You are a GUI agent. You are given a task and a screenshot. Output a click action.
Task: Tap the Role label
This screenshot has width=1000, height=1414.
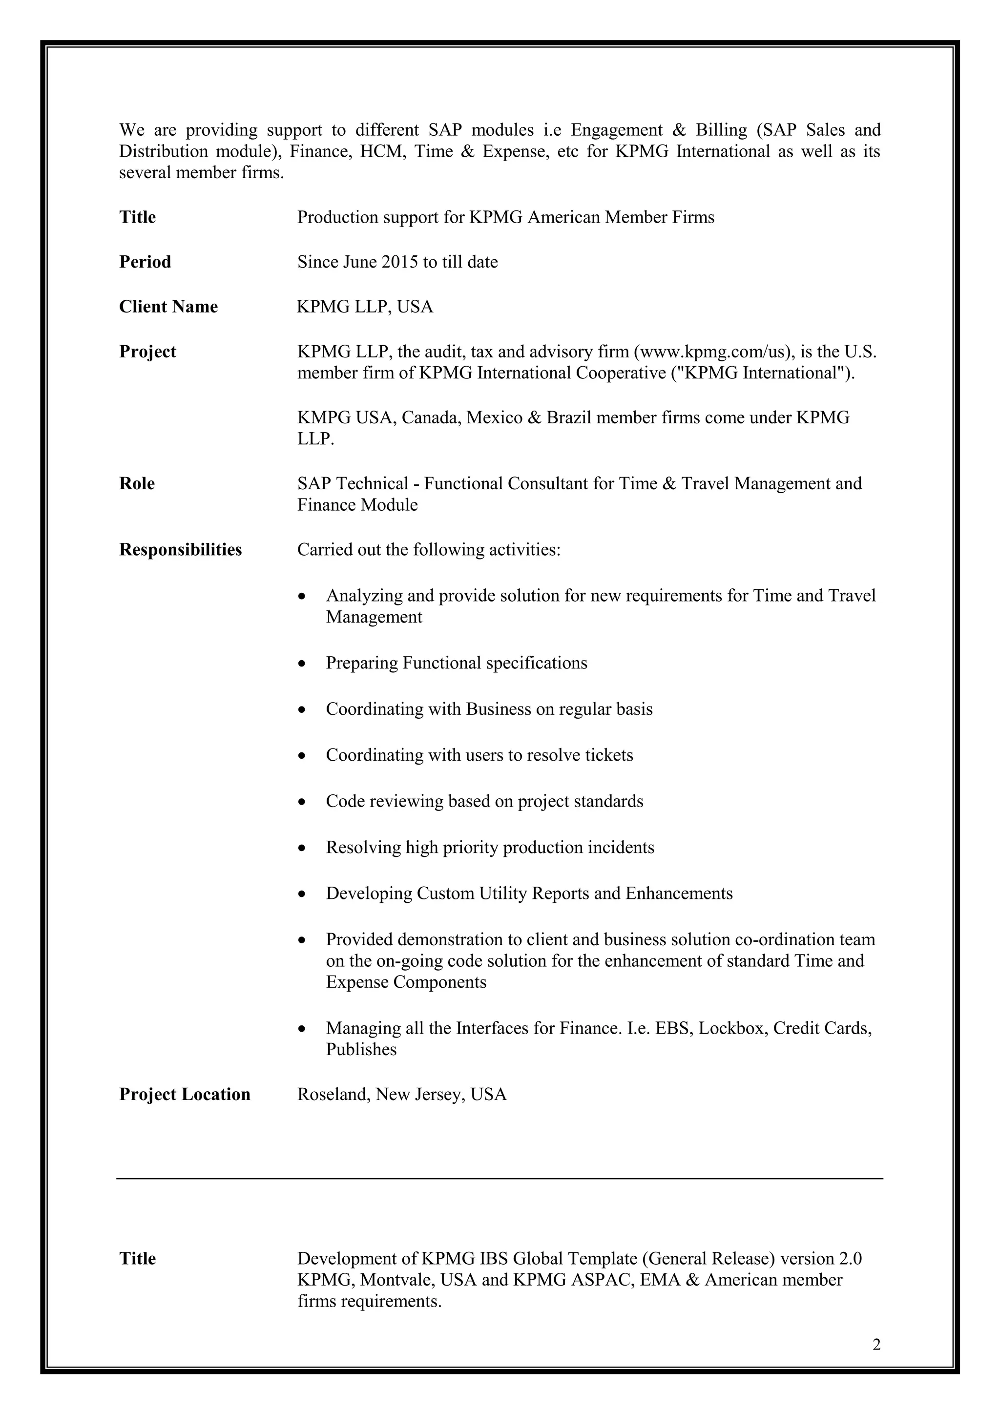(x=137, y=483)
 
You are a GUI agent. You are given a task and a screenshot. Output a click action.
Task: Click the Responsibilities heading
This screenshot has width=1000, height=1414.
(x=180, y=549)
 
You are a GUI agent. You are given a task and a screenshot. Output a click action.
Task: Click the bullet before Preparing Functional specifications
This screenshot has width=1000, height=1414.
(x=301, y=664)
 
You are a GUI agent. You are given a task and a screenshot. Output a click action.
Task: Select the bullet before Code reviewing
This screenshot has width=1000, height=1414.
(x=301, y=802)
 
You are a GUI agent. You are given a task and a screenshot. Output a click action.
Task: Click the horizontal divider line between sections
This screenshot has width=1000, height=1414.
(x=500, y=1179)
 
